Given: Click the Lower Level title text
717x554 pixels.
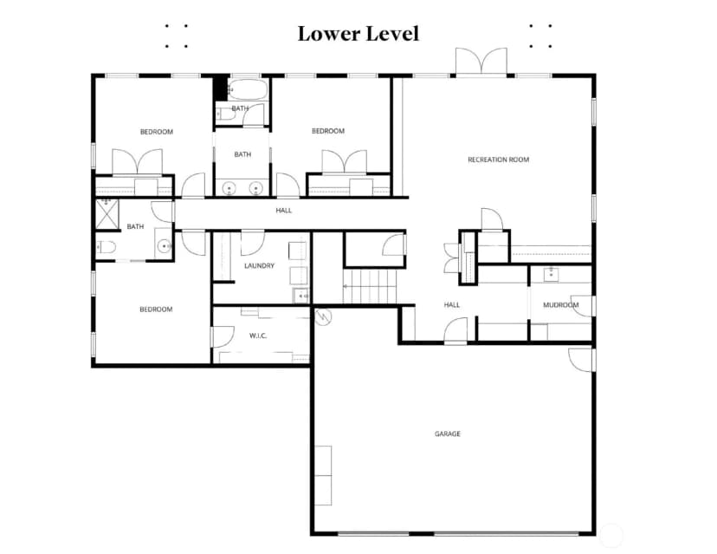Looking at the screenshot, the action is pyautogui.click(x=358, y=34).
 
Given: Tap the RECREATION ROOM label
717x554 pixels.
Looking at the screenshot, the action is pyautogui.click(x=499, y=160).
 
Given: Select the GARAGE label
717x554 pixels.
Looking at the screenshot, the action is pyautogui.click(x=447, y=433).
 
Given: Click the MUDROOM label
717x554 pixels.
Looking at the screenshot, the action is pyautogui.click(x=560, y=305).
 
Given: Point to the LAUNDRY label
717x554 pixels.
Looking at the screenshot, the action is pyautogui.click(x=259, y=265).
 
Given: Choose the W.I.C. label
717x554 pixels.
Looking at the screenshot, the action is pyautogui.click(x=258, y=336).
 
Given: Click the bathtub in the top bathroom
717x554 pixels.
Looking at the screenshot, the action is pyautogui.click(x=248, y=90).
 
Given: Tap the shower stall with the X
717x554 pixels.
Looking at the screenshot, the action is pyautogui.click(x=107, y=213).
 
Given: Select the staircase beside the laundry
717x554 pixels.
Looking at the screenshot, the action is pyautogui.click(x=370, y=286).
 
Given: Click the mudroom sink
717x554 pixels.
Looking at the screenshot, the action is pyautogui.click(x=551, y=275).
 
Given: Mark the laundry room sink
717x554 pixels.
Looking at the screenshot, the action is pyautogui.click(x=300, y=297).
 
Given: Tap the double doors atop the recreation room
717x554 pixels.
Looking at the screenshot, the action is pyautogui.click(x=481, y=62).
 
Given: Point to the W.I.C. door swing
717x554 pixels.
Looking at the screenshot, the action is pyautogui.click(x=223, y=336).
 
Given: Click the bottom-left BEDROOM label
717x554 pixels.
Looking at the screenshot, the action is pyautogui.click(x=156, y=310).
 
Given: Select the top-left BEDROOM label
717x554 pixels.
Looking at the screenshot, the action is pyautogui.click(x=157, y=132).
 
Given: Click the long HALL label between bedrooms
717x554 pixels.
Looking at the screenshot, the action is pyautogui.click(x=283, y=211).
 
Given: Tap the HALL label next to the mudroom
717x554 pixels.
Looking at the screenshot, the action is pyautogui.click(x=452, y=305).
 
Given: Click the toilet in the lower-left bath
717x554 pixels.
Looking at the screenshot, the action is pyautogui.click(x=107, y=247).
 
